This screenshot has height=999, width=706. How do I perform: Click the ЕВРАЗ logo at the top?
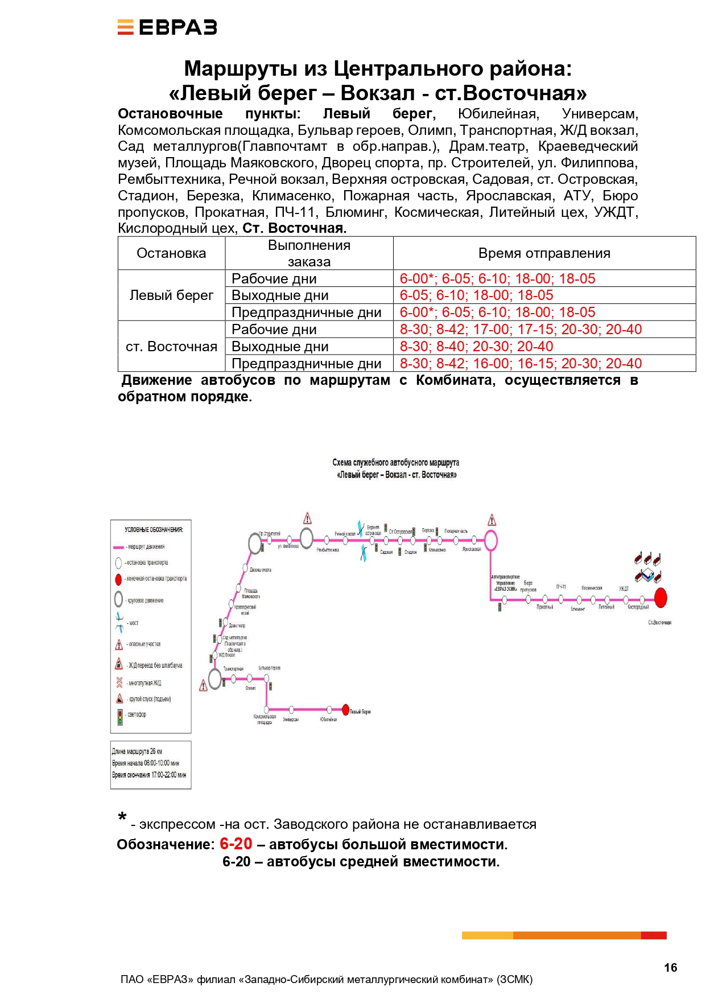pos(167,27)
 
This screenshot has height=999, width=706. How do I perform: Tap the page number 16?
pos(670,967)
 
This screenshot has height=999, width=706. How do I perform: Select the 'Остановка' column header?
pos(171,253)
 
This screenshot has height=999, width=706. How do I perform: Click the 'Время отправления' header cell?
pos(544,253)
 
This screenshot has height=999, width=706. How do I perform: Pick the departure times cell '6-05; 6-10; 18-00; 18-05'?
pos(476,295)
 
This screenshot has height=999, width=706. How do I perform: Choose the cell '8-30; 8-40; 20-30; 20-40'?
pos(476,347)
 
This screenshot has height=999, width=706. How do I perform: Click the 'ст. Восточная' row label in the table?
pos(171,347)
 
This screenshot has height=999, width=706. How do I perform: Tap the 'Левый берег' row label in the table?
pos(171,295)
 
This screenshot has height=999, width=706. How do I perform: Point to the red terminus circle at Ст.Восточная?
pos(660,598)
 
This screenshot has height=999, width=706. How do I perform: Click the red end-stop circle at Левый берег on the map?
pos(345,710)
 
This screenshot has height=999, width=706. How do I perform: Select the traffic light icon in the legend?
pos(119,717)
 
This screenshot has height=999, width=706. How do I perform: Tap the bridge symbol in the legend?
pos(119,622)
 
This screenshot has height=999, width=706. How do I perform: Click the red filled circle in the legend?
pos(118,579)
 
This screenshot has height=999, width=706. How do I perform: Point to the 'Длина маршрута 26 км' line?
pos(137,751)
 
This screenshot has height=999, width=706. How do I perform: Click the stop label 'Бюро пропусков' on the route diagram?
pos(528,586)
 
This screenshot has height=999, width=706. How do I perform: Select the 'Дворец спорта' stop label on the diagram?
pos(261,570)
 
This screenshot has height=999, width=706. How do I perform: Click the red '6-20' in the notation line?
pos(236,844)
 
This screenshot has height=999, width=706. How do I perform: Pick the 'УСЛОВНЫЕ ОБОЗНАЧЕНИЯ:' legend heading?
pos(154,530)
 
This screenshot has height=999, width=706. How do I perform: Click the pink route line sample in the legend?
pos(118,547)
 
